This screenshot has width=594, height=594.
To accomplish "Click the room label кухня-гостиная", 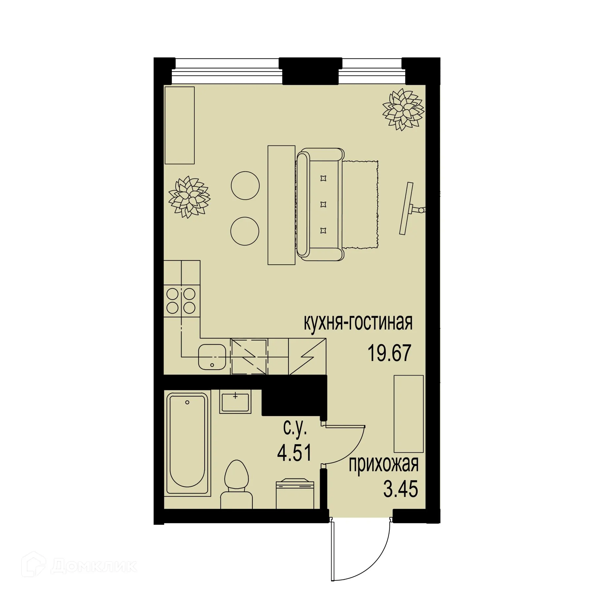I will click(358, 323).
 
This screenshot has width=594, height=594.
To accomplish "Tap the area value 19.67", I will click(389, 353).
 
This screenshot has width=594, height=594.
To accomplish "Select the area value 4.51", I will click(294, 453).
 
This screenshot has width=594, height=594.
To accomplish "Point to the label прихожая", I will click(383, 465).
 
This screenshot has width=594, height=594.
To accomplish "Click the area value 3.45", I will click(400, 489).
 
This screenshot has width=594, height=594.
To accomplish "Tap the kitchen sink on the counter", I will click(212, 357).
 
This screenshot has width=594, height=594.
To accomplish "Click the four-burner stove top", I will click(181, 301).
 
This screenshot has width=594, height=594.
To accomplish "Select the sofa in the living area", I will click(320, 203).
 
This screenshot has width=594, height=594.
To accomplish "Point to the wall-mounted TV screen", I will click(406, 208).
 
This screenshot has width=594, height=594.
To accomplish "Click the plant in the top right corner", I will click(403, 109).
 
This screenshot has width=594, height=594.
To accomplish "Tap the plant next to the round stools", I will click(188, 197).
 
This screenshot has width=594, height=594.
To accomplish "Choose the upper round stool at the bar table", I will click(245, 185).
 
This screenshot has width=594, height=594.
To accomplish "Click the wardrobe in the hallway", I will click(409, 413).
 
